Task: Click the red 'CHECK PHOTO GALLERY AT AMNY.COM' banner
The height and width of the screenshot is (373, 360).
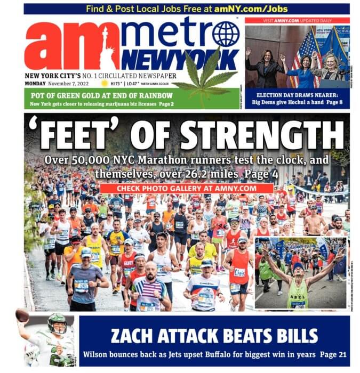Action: click(x=186, y=188)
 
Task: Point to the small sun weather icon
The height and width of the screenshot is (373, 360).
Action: click(x=105, y=84)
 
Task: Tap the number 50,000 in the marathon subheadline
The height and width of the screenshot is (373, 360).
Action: click(x=89, y=160)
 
